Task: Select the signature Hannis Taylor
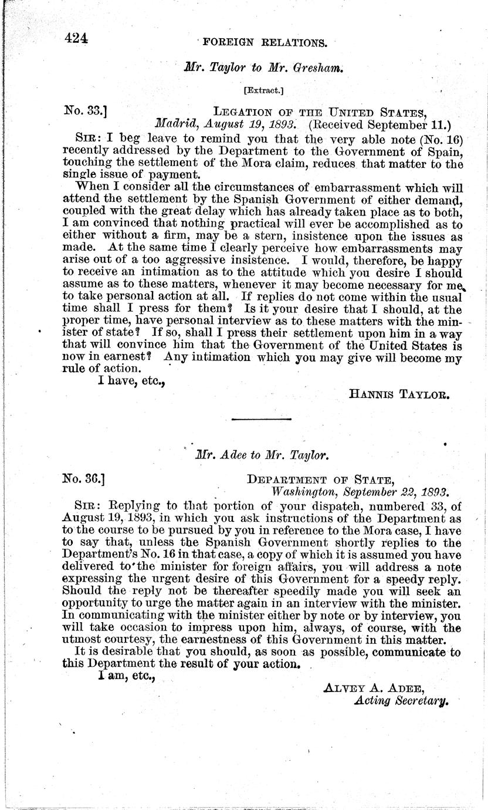pyautogui.click(x=399, y=395)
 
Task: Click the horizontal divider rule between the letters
pyautogui.click(x=262, y=419)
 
